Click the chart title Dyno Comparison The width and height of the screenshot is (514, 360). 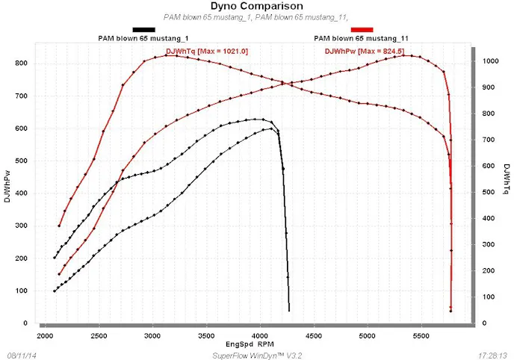[257, 6]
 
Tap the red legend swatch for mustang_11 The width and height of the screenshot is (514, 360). [362, 29]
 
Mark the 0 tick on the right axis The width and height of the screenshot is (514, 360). [485, 323]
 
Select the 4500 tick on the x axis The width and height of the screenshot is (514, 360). [312, 337]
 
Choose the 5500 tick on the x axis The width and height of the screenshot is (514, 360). [419, 337]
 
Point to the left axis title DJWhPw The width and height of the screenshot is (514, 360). [8, 185]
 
